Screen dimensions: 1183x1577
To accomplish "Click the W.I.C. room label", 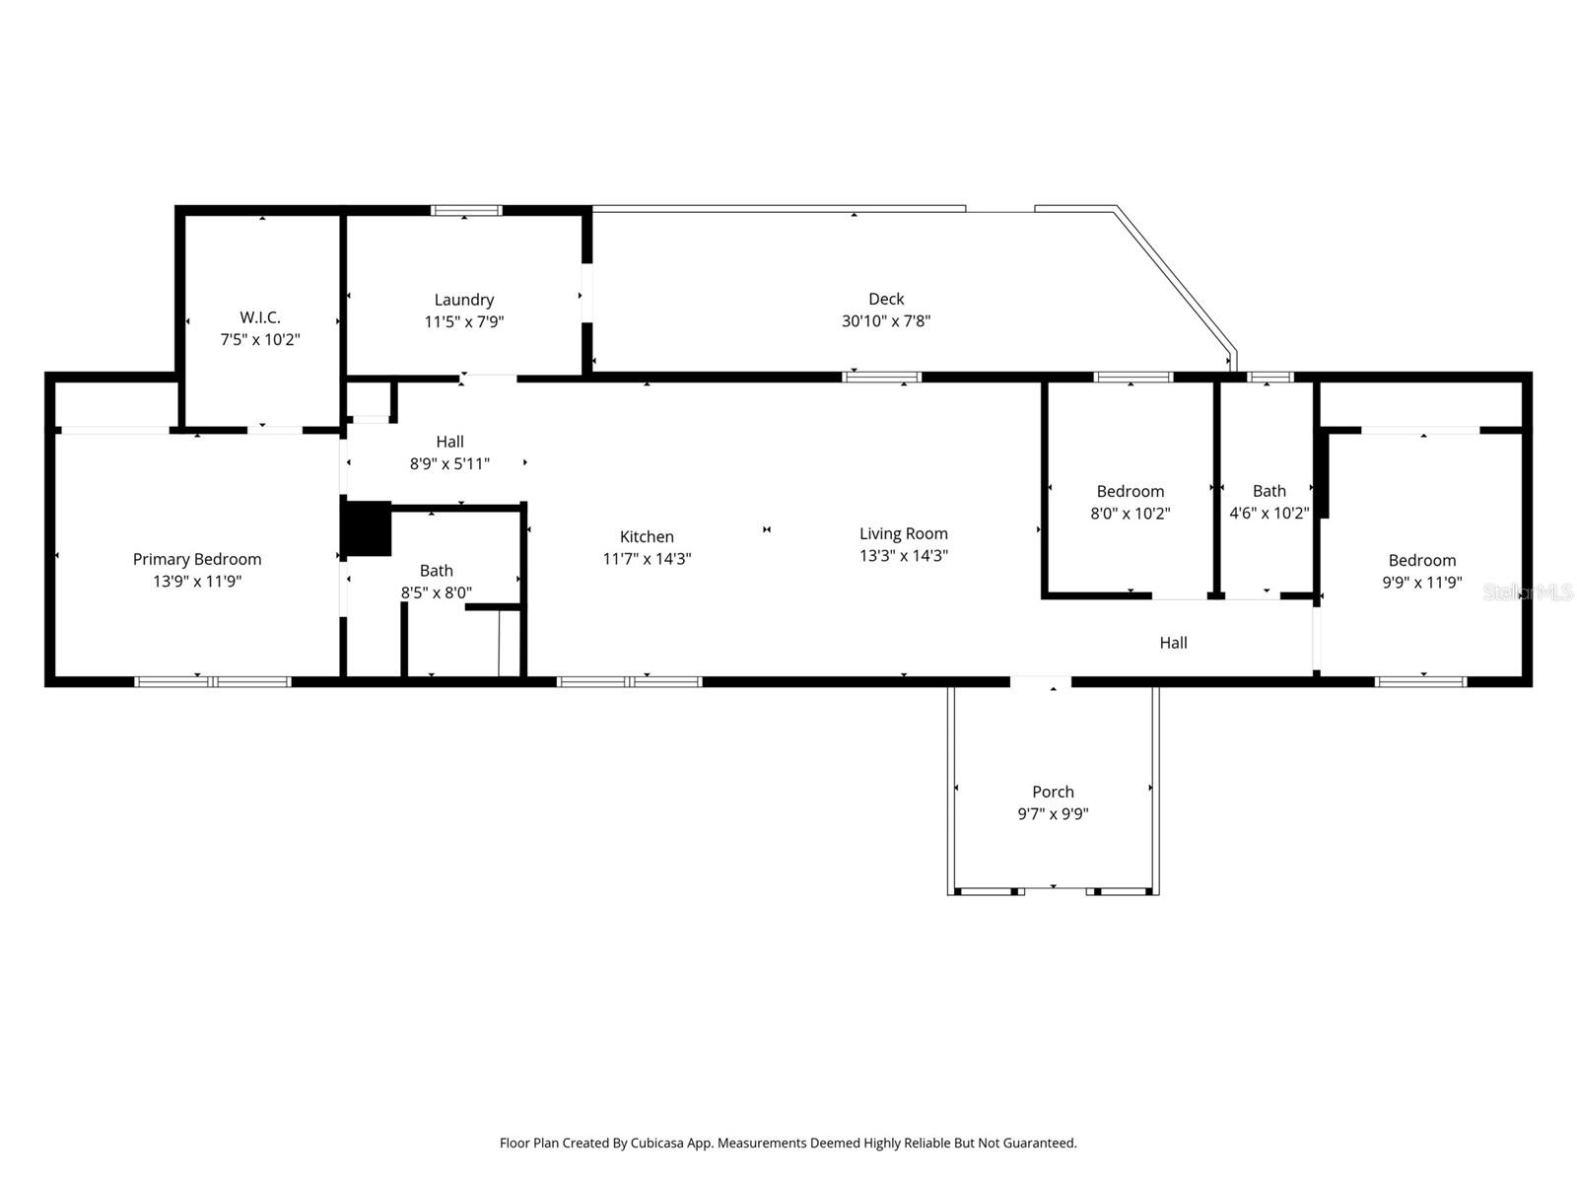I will coord(260,317).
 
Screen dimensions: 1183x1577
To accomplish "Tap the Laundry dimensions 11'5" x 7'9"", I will coord(464,321).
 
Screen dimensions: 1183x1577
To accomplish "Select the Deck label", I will coord(886,299).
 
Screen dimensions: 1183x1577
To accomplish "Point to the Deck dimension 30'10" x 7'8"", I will coord(886,320).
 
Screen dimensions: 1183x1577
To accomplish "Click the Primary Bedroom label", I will coord(197,559).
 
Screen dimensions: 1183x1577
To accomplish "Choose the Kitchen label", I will coord(647,536).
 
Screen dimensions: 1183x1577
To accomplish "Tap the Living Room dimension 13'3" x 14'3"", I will coord(903,555).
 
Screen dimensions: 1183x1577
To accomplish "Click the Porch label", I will coord(1053,792).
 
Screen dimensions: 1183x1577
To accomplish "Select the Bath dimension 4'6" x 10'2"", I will coord(1268,513).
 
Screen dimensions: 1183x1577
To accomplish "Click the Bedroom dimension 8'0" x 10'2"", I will coord(1130,513).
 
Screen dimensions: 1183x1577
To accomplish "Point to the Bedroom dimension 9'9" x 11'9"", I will coord(1421,583).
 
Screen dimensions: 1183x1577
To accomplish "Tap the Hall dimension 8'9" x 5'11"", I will coord(449,463).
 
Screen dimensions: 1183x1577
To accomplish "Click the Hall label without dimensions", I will coord(1173,643).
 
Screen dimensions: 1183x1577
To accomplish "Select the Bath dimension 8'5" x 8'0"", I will coord(436,592).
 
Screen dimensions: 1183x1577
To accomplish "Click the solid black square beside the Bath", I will coord(367,528).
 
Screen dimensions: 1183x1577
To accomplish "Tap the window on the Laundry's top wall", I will coord(466,210).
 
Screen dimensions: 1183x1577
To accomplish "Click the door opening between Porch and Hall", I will coord(1041,681).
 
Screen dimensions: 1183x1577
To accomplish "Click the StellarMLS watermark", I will coord(1528,591).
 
